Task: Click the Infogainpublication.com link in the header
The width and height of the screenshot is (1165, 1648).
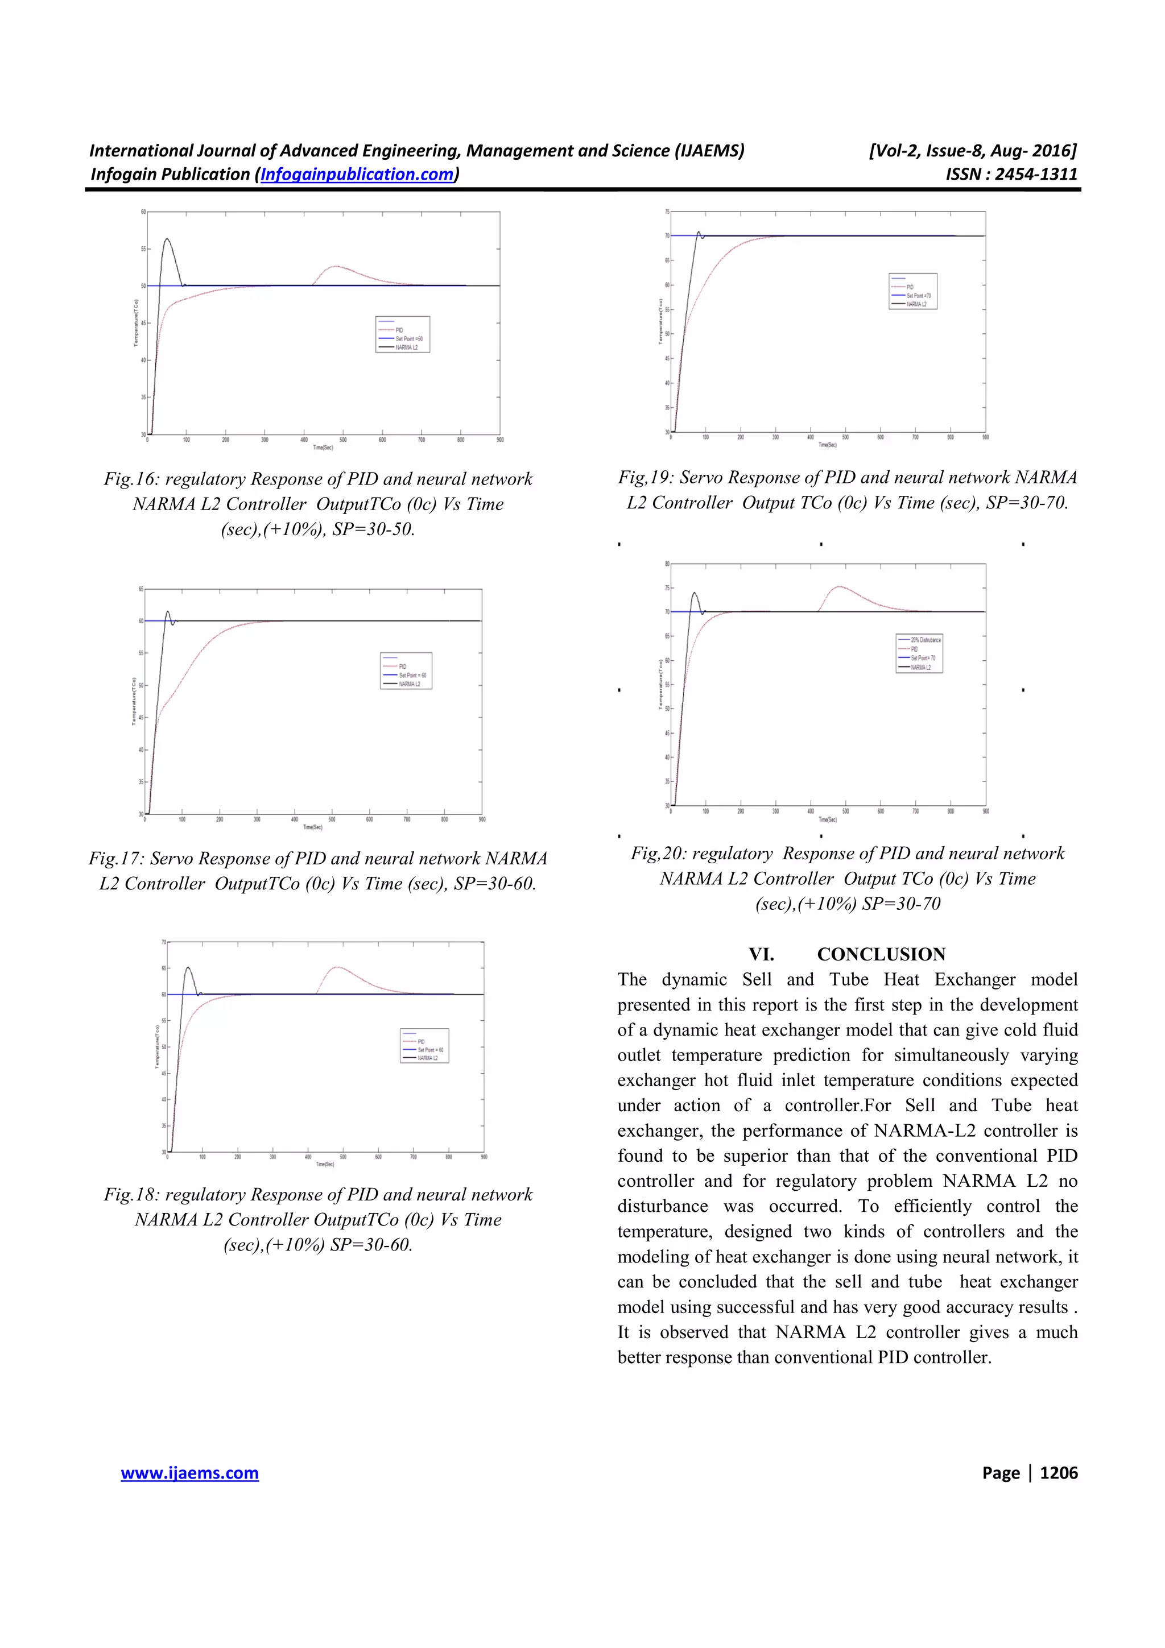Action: [357, 175]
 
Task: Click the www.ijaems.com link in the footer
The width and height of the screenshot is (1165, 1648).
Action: [189, 1473]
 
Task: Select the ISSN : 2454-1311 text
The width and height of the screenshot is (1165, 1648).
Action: [1011, 175]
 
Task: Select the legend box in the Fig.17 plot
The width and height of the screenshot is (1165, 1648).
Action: [406, 670]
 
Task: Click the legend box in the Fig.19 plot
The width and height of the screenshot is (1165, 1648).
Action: [912, 291]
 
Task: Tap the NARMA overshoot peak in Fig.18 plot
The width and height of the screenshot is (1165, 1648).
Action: [188, 968]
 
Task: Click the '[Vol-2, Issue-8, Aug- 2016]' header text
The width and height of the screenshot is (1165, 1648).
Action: [973, 151]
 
